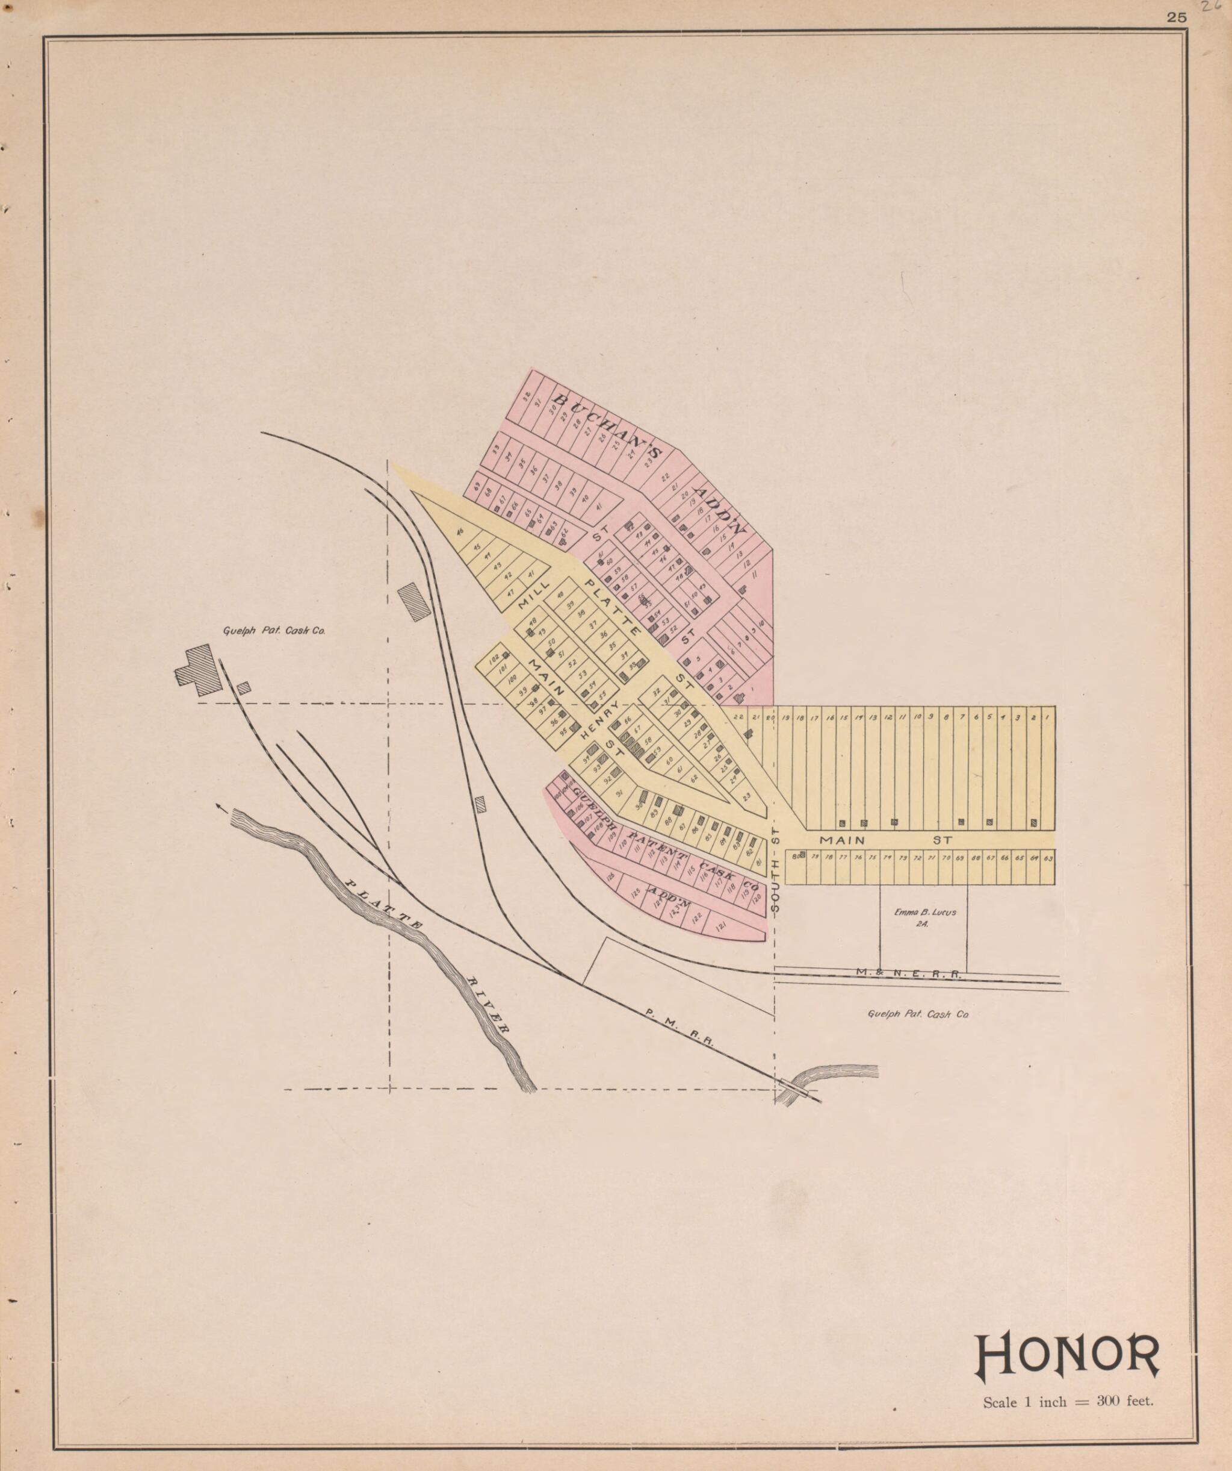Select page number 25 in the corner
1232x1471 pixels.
[x=1177, y=18]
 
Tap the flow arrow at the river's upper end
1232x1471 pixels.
[x=223, y=807]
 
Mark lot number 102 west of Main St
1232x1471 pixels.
[x=494, y=658]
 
